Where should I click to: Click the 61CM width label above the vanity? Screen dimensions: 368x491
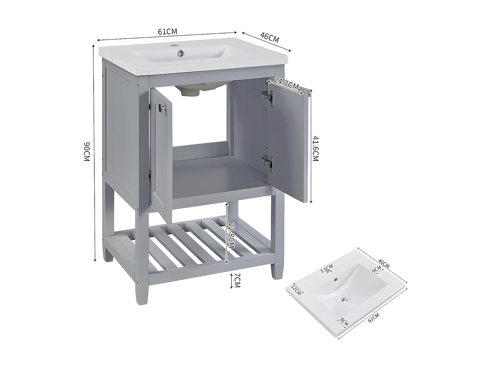click(167, 32)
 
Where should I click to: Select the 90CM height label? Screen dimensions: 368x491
click(86, 151)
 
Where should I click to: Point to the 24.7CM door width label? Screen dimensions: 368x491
click(286, 84)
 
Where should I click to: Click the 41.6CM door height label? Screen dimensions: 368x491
click(315, 148)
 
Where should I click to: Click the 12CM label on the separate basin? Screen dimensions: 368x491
click(296, 289)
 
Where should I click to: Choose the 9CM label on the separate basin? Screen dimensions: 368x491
click(377, 269)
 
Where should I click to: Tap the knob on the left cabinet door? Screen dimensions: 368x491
click(162, 109)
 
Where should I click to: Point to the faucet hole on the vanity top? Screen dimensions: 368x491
click(175, 44)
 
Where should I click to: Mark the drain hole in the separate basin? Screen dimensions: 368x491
click(344, 299)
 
